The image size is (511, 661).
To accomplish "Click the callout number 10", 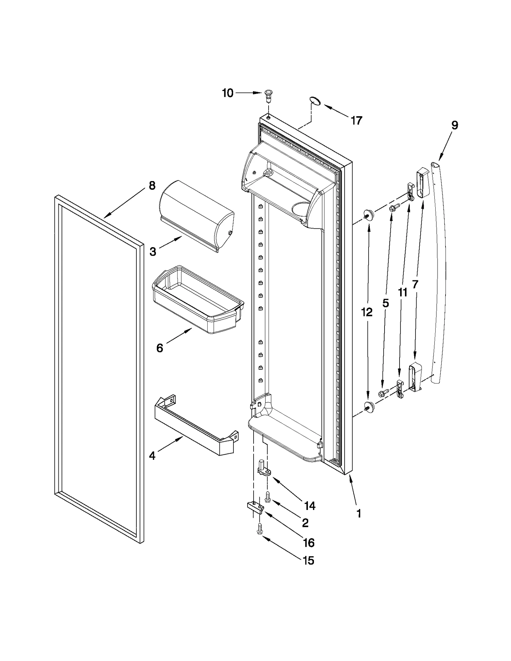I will (228, 93).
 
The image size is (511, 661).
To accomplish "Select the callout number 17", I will (356, 120).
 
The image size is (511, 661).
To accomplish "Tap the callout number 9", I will (454, 125).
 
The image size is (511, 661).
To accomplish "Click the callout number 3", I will (153, 252).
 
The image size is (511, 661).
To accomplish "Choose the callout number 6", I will (159, 348).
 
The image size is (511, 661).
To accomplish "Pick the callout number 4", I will (152, 456).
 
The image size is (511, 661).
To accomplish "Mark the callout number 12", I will (367, 312).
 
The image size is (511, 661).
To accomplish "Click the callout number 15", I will (309, 560).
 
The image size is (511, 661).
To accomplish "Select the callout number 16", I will (309, 543).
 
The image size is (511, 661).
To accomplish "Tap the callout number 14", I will (309, 505).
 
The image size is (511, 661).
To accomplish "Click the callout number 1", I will (359, 513).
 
